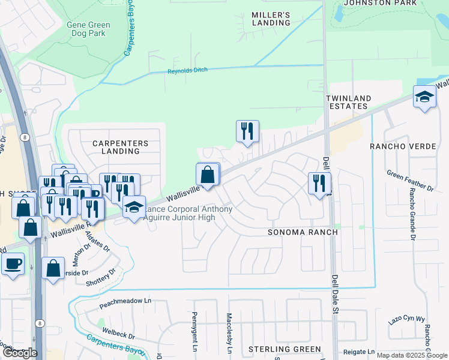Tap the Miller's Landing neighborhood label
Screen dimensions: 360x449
(x=271, y=19)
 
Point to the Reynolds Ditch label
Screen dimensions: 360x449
(x=187, y=71)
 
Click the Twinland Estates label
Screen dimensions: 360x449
(x=348, y=102)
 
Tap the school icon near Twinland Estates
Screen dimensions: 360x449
(x=424, y=97)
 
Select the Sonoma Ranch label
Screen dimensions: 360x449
(x=303, y=232)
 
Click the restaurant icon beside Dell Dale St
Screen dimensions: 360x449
(x=319, y=182)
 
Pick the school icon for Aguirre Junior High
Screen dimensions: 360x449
(x=134, y=208)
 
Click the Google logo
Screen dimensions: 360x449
(x=20, y=353)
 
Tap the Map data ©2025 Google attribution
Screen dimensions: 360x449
(x=412, y=355)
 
